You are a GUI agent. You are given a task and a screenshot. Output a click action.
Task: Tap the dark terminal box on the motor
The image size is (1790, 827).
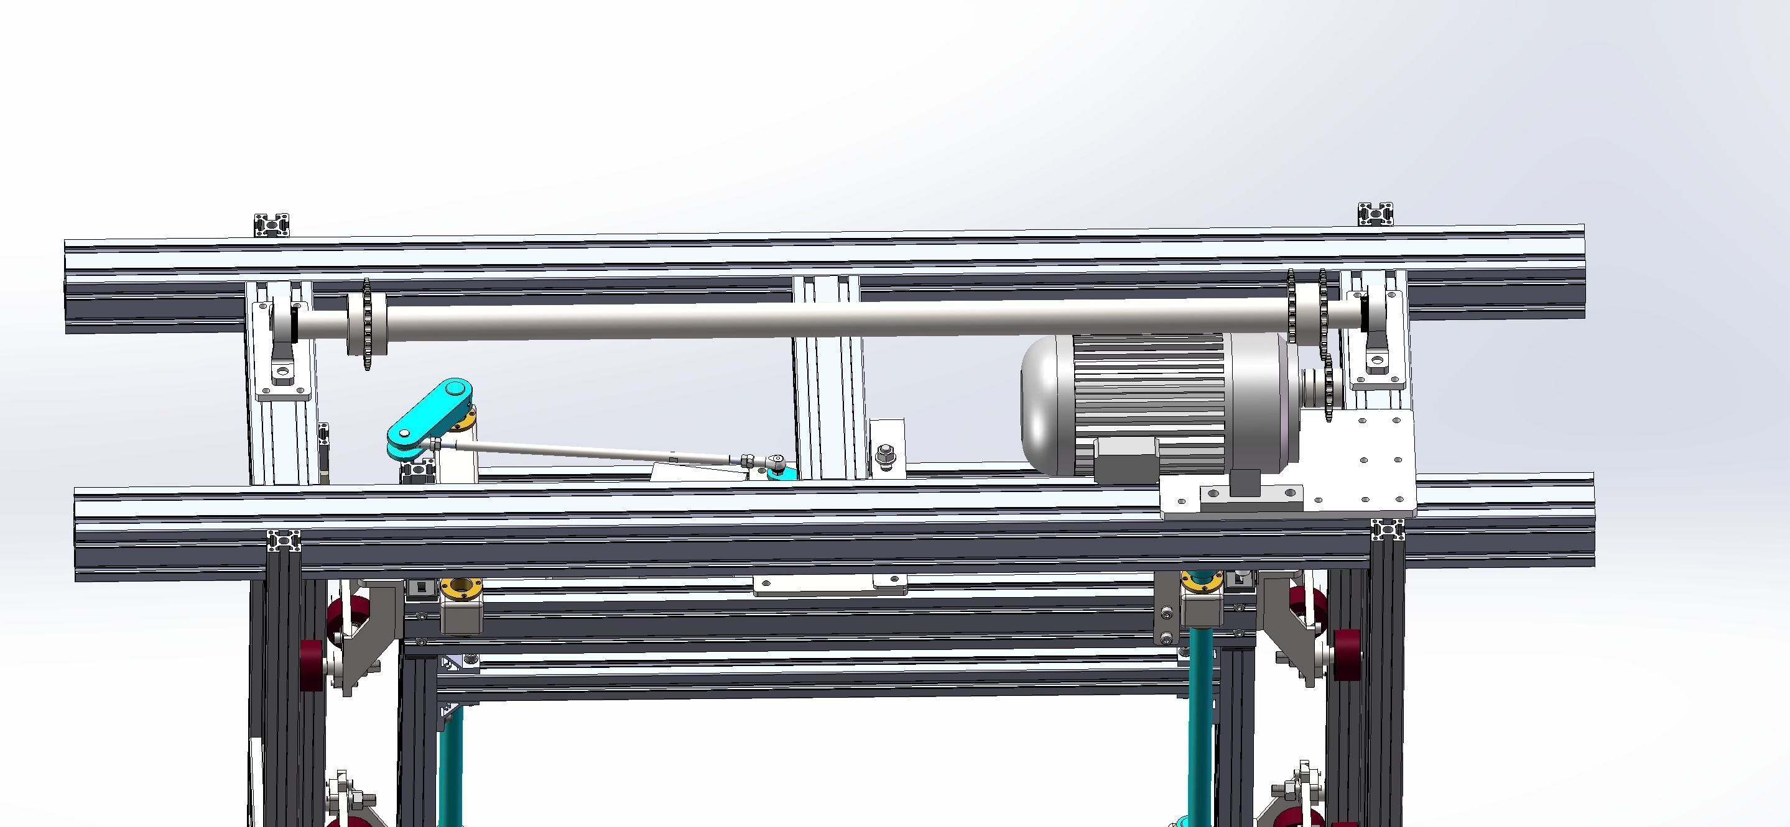(1126, 459)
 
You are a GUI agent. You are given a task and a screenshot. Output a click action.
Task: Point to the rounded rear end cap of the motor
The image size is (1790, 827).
(1042, 403)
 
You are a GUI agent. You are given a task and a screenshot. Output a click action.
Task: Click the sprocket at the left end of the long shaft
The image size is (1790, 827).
(367, 324)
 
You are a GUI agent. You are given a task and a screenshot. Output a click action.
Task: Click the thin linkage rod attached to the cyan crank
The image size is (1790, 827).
(591, 450)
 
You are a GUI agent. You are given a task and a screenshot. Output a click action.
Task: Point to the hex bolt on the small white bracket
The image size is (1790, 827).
(885, 455)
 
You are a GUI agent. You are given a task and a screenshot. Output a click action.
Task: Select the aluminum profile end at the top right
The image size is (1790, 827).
(1376, 214)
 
